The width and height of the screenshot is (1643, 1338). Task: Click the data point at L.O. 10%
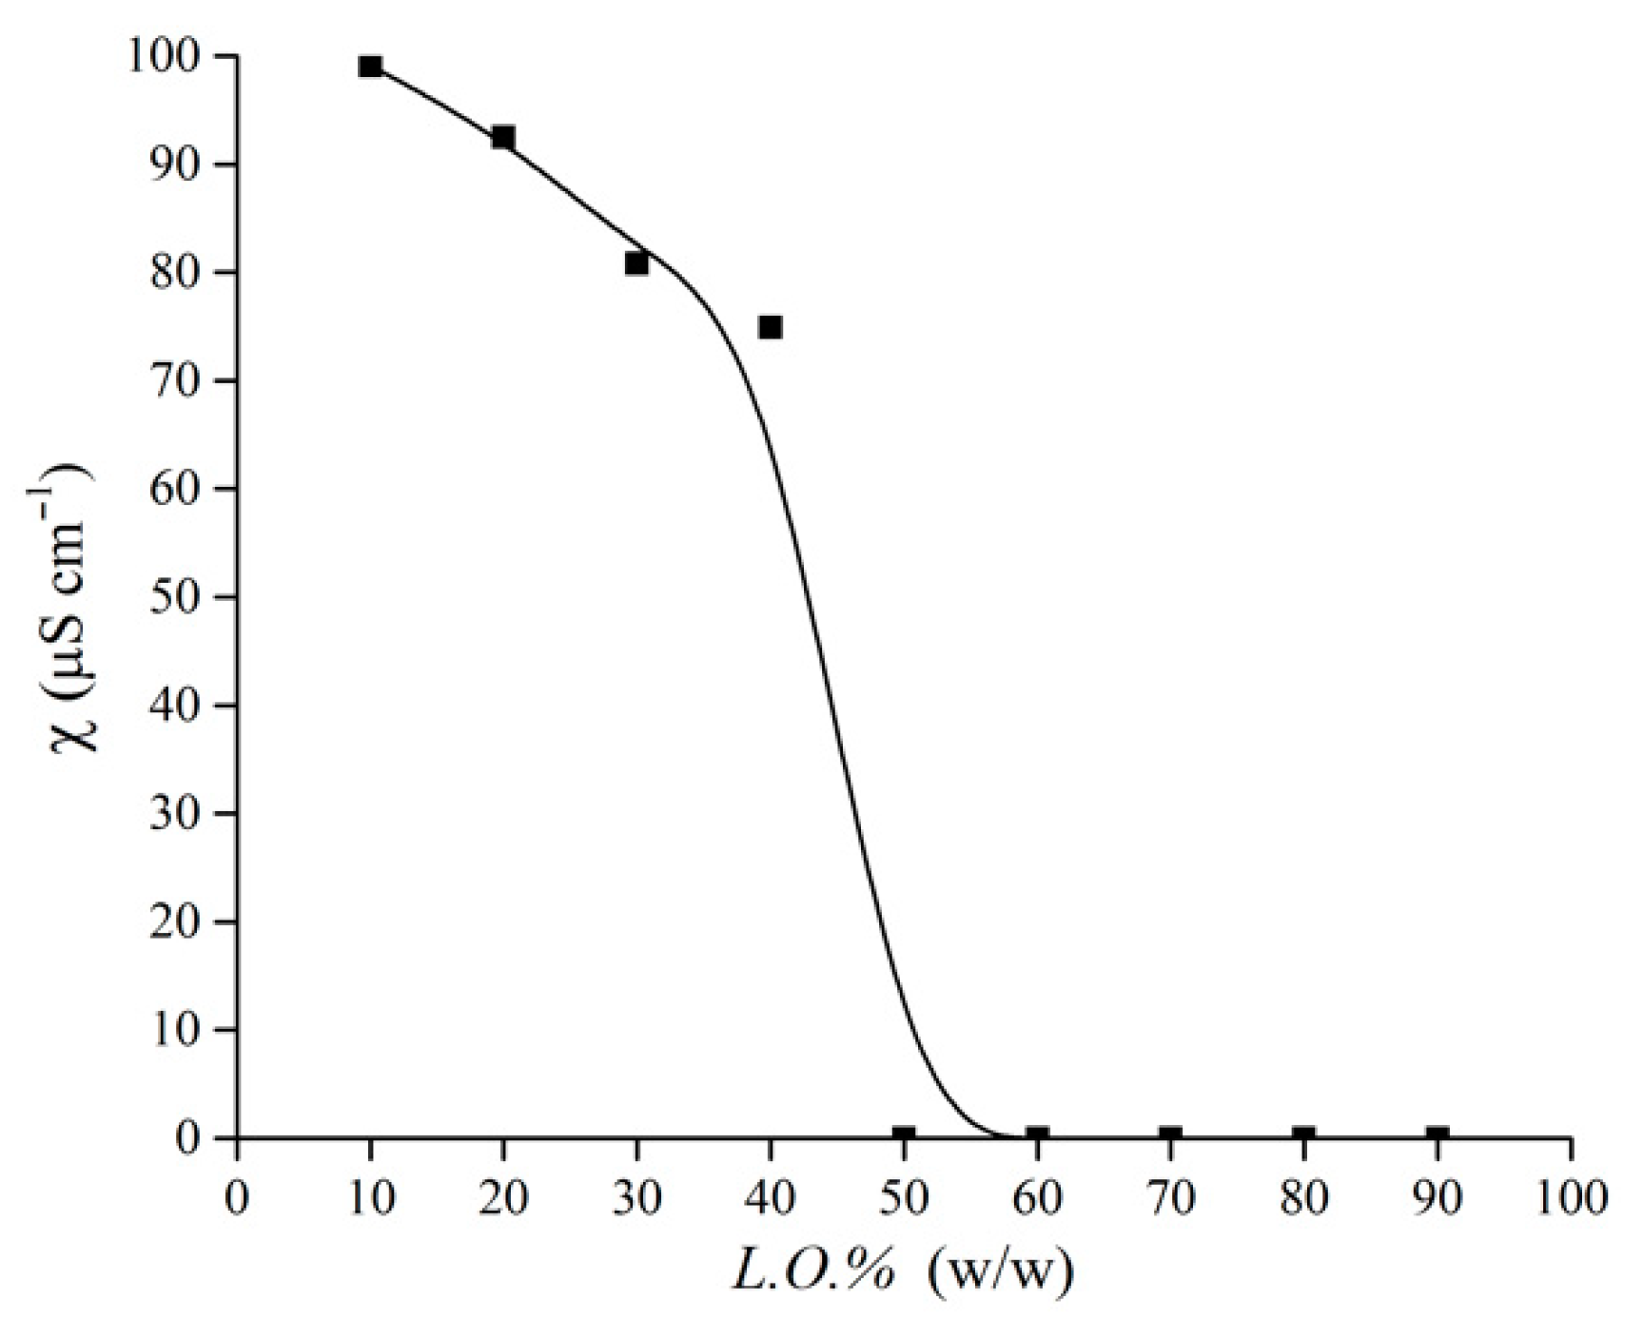[x=370, y=67]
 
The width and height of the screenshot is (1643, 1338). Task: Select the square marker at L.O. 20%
[x=503, y=138]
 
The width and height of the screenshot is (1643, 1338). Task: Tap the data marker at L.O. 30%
[x=636, y=263]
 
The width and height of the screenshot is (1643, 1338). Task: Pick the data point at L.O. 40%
[x=771, y=327]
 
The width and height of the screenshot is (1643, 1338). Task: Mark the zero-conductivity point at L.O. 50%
[x=904, y=1135]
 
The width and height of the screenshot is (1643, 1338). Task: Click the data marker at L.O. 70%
[x=1170, y=1135]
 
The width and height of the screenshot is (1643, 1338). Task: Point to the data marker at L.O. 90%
[x=1438, y=1135]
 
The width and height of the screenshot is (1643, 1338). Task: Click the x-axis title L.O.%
[x=813, y=1272]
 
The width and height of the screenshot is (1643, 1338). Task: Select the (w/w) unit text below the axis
[x=1001, y=1272]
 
